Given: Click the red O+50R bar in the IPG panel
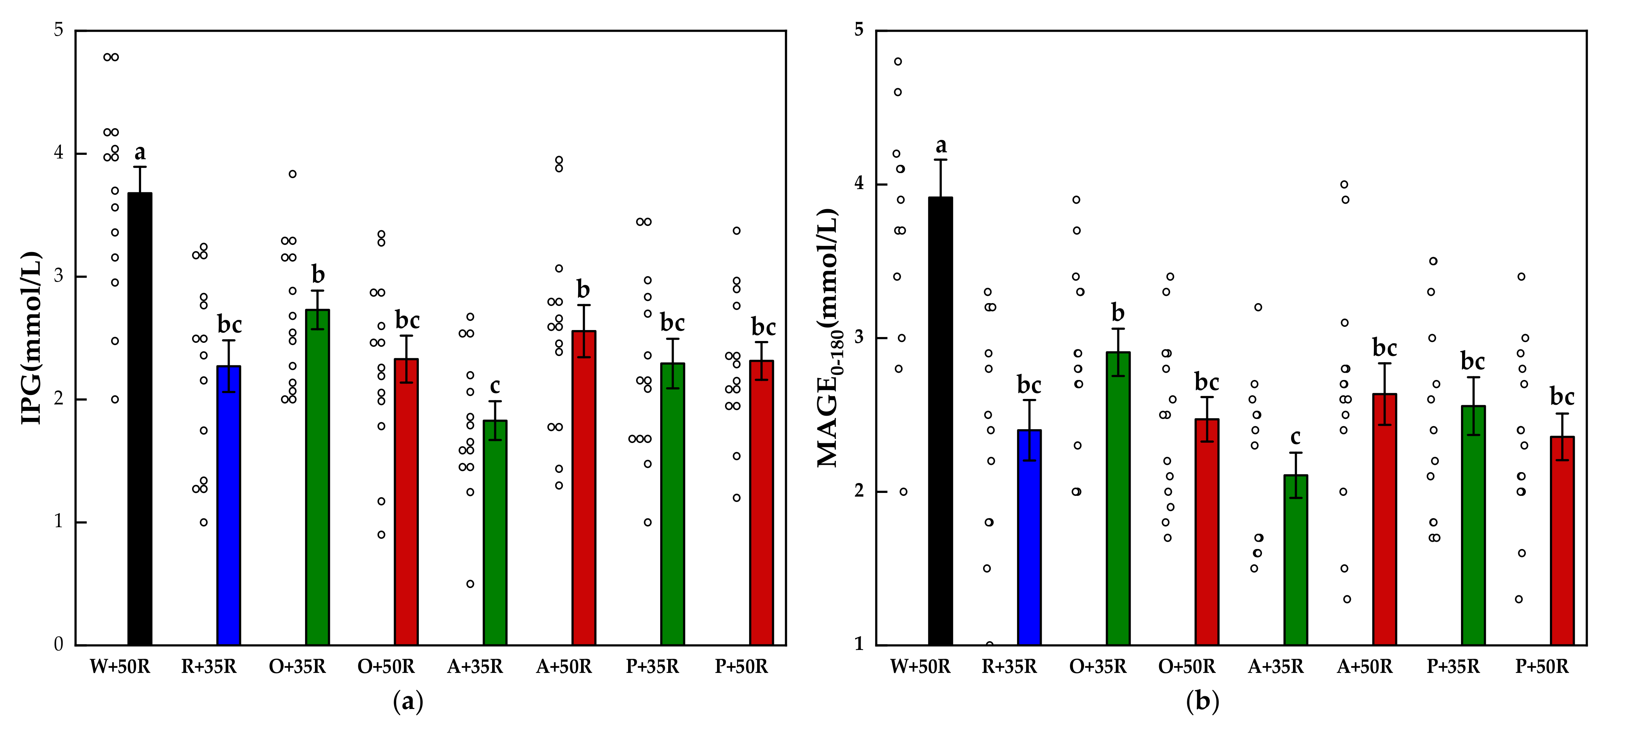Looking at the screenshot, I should (x=406, y=501).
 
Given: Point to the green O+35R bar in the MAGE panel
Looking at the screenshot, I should (x=1118, y=498).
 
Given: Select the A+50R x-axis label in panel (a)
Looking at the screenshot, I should (x=564, y=667).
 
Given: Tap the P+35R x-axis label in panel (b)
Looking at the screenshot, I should (x=1453, y=667).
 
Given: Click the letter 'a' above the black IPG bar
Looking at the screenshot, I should (x=140, y=153).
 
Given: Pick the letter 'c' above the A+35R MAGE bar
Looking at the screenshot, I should (x=1295, y=436).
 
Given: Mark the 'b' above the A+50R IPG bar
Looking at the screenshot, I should (x=583, y=290).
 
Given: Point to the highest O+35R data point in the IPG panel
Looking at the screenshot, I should (x=293, y=174).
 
